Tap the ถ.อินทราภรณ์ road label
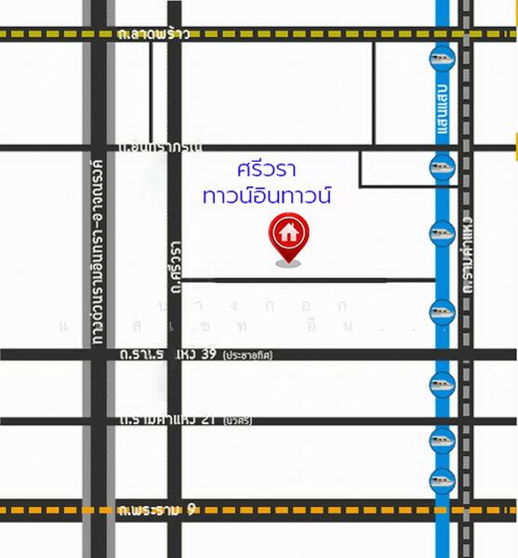tap(160, 147)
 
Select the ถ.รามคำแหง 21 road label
tap(171, 420)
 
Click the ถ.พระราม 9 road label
tap(158, 510)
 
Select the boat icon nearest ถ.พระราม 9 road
tap(442, 480)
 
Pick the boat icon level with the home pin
tap(442, 232)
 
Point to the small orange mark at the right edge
tap(514, 141)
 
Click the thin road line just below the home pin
tap(307, 279)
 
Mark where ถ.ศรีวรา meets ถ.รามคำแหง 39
tap(174, 354)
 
